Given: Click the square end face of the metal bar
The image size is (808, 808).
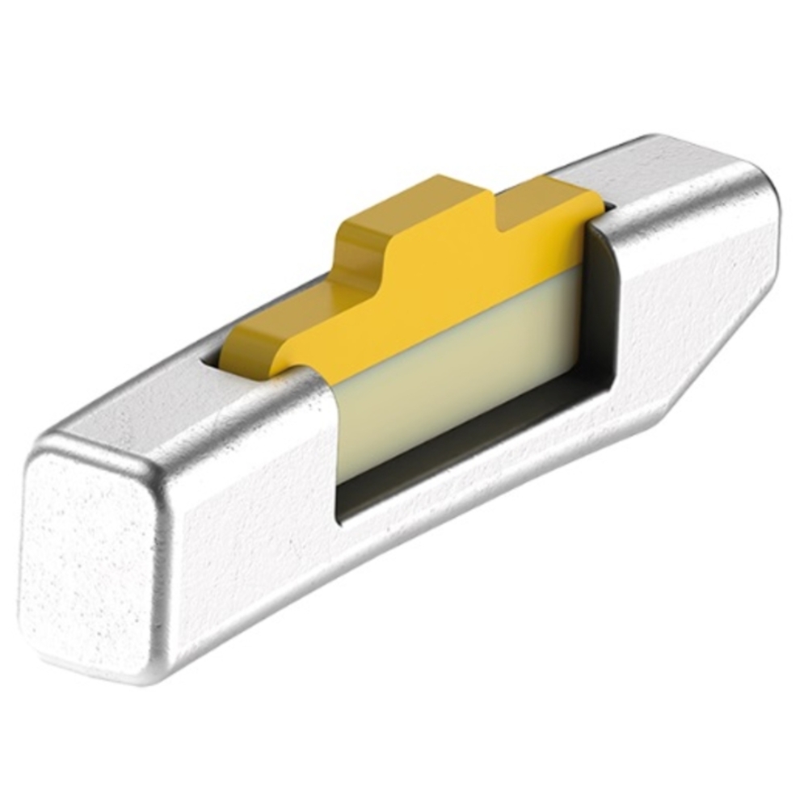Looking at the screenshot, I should tap(89, 558).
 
